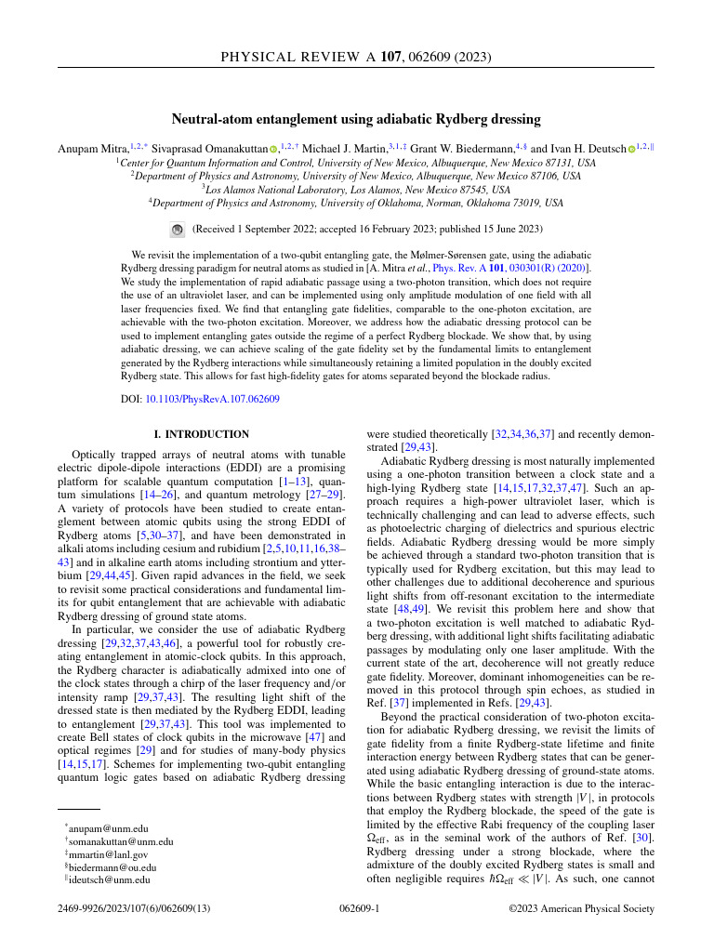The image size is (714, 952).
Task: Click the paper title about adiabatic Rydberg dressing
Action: [x=356, y=119]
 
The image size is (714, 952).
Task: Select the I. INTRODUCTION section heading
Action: [x=201, y=434]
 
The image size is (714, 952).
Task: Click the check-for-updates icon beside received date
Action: [x=178, y=229]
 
